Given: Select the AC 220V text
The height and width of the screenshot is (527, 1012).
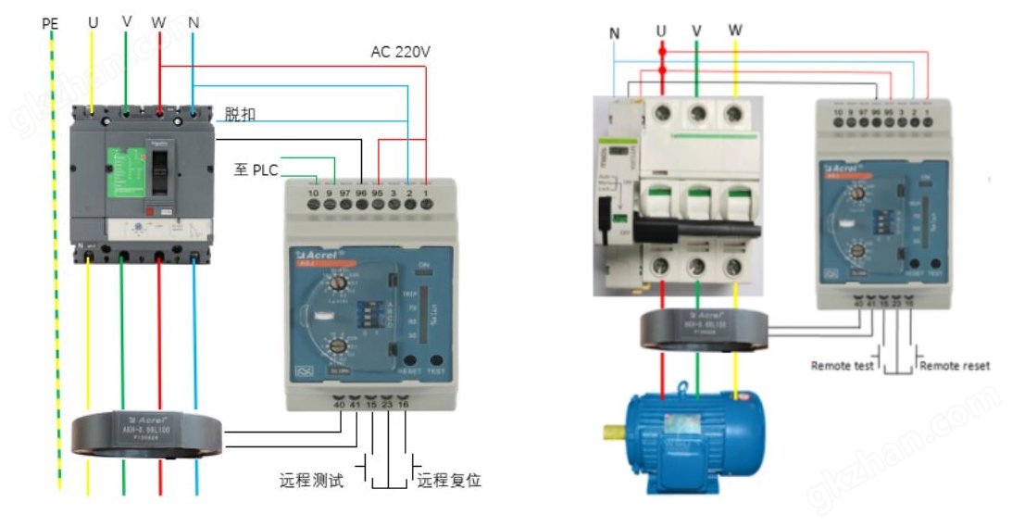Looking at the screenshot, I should [x=400, y=53].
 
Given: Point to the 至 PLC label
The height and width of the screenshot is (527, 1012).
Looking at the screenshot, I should [x=256, y=169].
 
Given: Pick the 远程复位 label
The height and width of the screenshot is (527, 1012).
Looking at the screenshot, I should [x=449, y=481].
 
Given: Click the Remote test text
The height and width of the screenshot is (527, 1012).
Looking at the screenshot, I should [x=842, y=366].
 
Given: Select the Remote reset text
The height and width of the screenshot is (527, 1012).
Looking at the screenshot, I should [x=955, y=366].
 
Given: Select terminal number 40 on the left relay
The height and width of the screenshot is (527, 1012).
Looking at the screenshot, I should [x=339, y=405].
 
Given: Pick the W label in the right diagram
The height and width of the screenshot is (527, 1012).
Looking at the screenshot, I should [x=735, y=31].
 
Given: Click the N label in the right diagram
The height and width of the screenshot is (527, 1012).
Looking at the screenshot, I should [x=615, y=34].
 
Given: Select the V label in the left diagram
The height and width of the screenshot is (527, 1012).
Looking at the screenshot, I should [x=127, y=20].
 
